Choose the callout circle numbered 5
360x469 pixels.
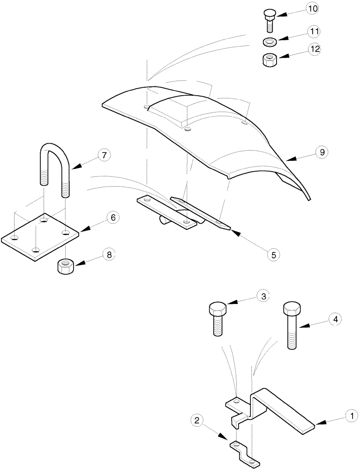[273, 254]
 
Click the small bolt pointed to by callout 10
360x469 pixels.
[270, 21]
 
